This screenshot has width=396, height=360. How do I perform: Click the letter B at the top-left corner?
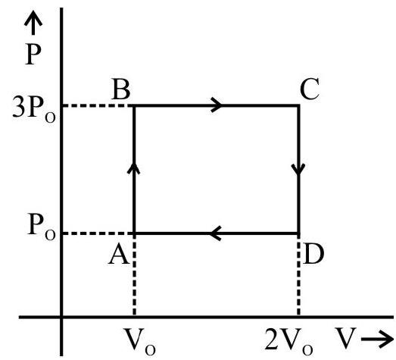click(x=121, y=89)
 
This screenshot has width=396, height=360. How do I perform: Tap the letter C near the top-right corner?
click(x=310, y=89)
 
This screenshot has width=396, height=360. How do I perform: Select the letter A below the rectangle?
click(x=119, y=255)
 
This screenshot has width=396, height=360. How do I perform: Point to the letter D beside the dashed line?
click(x=313, y=255)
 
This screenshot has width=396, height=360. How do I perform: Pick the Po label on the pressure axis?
click(x=41, y=227)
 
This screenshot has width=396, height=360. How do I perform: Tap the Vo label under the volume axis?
click(x=140, y=341)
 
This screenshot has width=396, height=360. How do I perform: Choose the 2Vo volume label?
click(x=289, y=341)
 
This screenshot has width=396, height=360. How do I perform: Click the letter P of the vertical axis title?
click(x=33, y=55)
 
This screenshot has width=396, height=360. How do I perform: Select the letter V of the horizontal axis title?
click(x=346, y=338)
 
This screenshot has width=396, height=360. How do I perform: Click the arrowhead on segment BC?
click(x=217, y=105)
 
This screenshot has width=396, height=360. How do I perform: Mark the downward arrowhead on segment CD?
click(x=298, y=169)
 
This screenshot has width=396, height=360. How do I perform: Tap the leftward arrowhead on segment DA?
click(x=215, y=233)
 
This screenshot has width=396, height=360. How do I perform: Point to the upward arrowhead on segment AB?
click(x=134, y=167)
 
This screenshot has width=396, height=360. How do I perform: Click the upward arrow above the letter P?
click(x=33, y=23)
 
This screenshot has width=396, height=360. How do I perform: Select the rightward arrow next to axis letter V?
click(x=377, y=339)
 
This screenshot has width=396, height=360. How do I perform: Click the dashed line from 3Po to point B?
click(x=98, y=105)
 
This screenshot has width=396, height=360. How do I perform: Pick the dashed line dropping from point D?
click(x=298, y=275)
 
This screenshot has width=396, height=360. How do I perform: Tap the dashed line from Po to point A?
click(x=98, y=233)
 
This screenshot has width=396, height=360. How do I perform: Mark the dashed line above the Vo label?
click(x=134, y=275)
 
